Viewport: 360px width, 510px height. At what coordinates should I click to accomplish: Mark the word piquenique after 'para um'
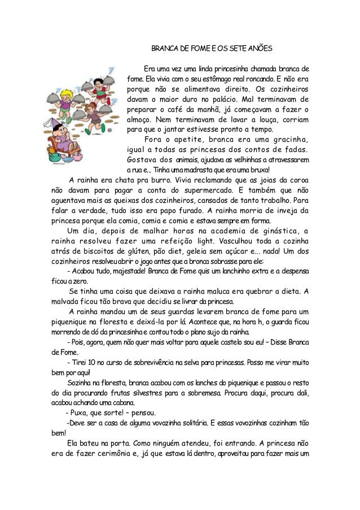click(x=69, y=322)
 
